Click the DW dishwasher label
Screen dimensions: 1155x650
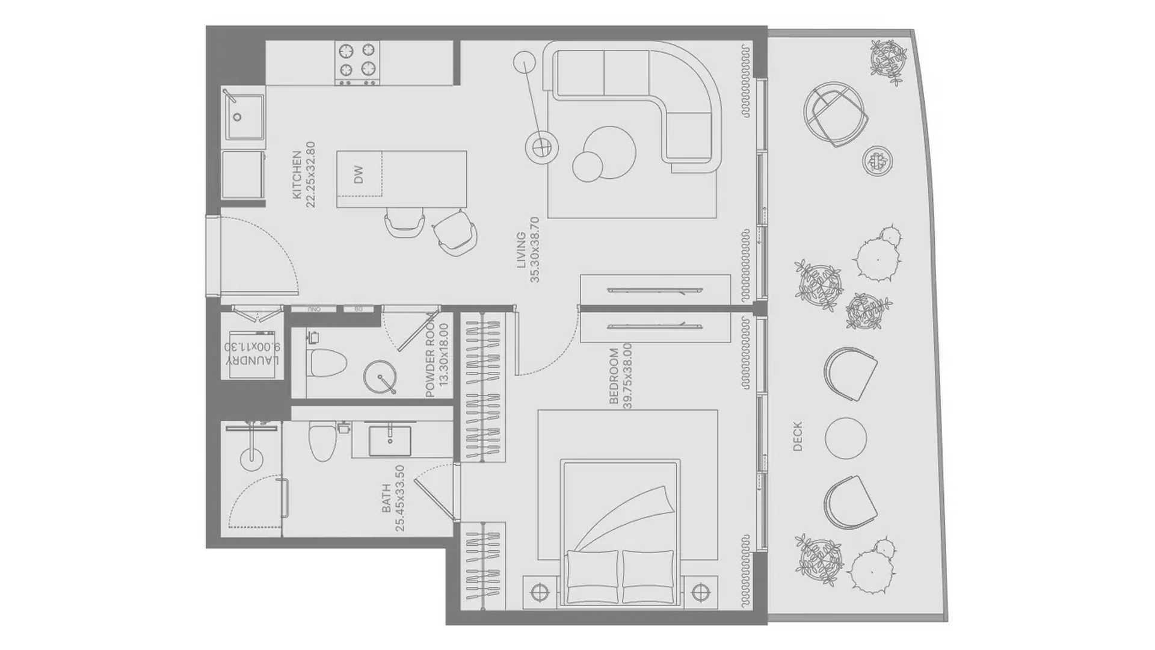click(x=359, y=175)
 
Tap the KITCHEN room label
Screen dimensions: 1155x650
click(x=297, y=175)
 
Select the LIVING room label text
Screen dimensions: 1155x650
click(x=521, y=250)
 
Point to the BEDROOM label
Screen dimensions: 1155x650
click(x=614, y=376)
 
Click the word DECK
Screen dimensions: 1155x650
click(x=798, y=436)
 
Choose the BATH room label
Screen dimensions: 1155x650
click(x=386, y=498)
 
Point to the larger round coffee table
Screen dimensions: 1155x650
click(x=609, y=152)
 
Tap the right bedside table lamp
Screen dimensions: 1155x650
click(x=698, y=593)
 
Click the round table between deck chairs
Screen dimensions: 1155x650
click(x=846, y=438)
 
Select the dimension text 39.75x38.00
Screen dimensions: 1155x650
click(x=627, y=376)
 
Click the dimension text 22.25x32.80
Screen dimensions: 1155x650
click(x=310, y=175)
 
